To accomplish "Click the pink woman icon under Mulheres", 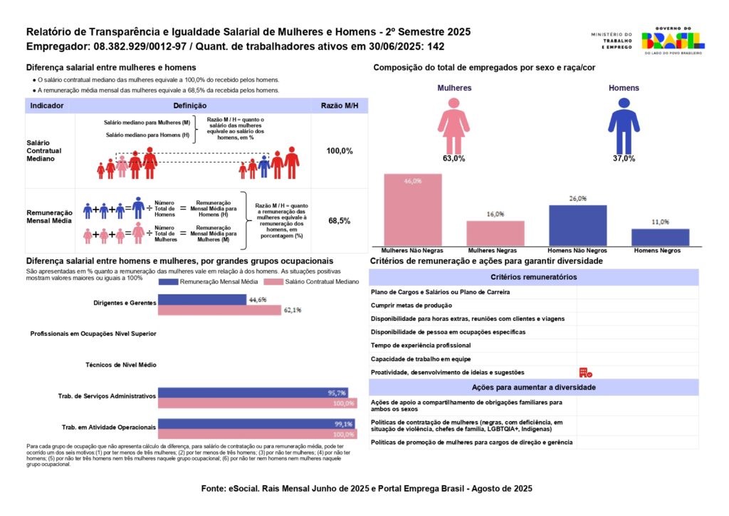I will [453, 125].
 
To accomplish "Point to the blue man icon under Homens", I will [624, 125].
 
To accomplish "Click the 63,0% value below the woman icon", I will [453, 158].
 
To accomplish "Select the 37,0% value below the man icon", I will [624, 158].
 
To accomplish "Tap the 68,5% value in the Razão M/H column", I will [339, 221].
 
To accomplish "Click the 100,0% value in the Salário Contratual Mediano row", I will [339, 151].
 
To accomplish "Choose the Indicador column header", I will [47, 105].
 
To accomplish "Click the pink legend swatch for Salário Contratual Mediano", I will [273, 282].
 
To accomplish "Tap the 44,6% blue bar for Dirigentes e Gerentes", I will [202, 300].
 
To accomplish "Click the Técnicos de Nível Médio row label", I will [120, 364].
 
